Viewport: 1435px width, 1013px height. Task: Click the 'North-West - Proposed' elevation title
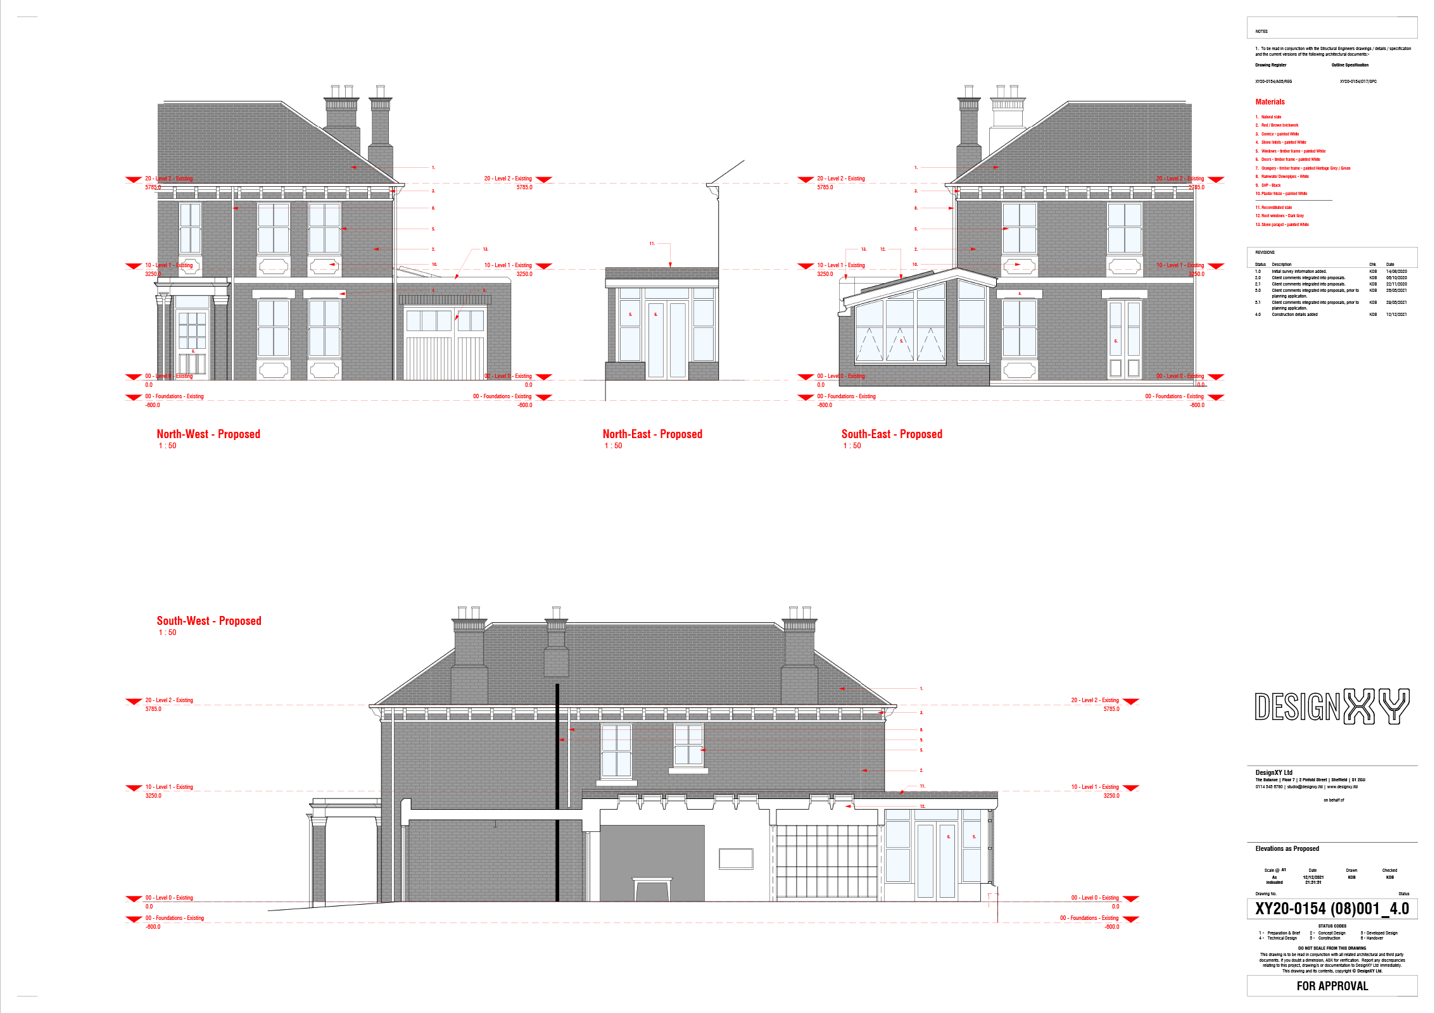[208, 434]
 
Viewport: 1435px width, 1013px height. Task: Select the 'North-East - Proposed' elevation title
[652, 434]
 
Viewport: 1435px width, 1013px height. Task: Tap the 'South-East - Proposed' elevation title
[892, 434]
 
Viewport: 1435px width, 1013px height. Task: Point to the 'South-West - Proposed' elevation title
[208, 620]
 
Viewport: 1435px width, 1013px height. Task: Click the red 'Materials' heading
[1270, 101]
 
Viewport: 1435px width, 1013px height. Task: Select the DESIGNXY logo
[1332, 707]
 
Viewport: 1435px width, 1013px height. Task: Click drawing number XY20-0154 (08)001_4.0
[1332, 909]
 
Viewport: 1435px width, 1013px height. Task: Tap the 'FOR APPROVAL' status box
[1332, 986]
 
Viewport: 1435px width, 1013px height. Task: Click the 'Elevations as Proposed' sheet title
[1287, 848]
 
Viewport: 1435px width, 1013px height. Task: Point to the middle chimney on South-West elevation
[556, 652]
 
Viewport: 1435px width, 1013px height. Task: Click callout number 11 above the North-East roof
[652, 243]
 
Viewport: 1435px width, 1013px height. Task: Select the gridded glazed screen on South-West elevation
[826, 861]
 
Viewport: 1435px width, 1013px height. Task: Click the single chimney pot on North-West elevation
[380, 92]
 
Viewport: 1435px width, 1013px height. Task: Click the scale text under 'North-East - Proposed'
[613, 446]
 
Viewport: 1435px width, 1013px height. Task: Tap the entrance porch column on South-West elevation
[319, 861]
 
